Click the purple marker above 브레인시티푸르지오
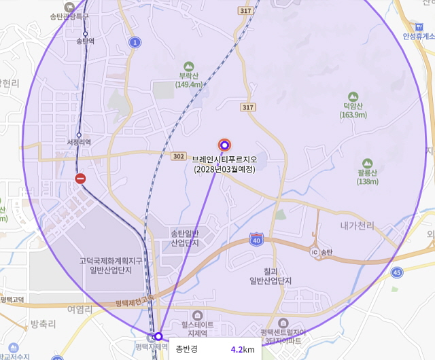click(x=224, y=144)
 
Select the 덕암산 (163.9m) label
click(x=353, y=110)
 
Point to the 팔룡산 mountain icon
click(x=368, y=163)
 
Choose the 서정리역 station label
click(x=79, y=142)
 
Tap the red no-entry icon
click(x=80, y=179)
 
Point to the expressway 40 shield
click(x=256, y=239)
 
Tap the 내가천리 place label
click(x=357, y=224)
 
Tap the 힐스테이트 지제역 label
click(x=198, y=329)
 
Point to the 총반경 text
click(x=186, y=349)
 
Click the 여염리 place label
click(x=80, y=309)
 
